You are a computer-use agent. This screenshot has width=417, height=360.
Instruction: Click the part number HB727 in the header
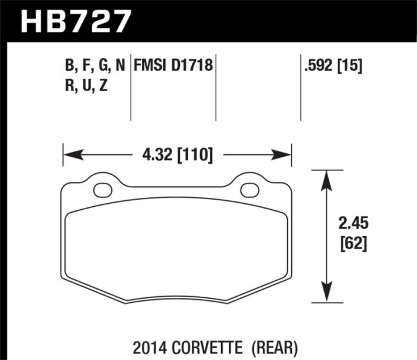75,21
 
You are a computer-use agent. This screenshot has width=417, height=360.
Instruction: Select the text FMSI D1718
174,66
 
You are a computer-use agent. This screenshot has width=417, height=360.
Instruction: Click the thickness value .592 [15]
333,66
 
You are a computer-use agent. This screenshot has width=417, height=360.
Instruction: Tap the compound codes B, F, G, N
95,66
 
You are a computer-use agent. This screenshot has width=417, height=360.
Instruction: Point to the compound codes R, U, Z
87,85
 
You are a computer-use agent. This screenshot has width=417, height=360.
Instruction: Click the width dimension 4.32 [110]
177,155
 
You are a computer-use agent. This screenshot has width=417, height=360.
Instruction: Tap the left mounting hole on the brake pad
103,190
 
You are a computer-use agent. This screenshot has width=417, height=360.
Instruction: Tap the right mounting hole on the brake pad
250,190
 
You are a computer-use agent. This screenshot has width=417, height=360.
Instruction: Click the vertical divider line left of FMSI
130,89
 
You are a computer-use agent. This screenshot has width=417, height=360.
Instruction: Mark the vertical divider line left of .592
300,89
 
